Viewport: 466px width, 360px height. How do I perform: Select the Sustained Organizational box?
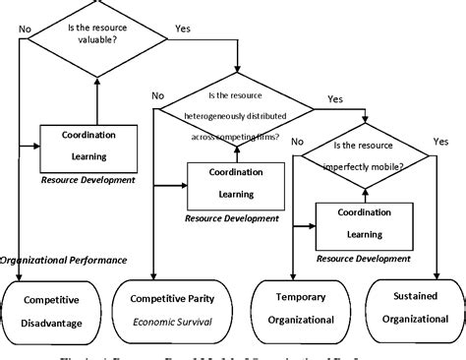coord(414,310)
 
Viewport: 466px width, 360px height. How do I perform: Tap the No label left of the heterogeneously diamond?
coord(157,95)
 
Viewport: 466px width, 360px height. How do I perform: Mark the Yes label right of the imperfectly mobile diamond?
coord(438,141)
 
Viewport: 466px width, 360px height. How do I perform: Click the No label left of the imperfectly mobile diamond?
coord(296,141)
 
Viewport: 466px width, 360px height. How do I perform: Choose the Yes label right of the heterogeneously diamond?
coord(334,99)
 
